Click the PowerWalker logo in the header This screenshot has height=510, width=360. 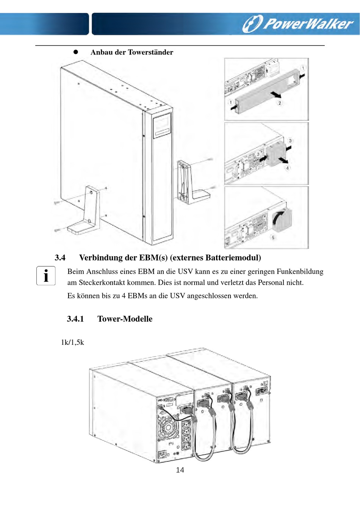click(298, 23)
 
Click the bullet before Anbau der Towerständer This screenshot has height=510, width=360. click(75, 52)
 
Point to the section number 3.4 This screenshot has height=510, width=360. click(60, 258)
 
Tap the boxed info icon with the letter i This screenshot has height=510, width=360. click(46, 275)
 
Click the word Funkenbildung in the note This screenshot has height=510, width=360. click(300, 271)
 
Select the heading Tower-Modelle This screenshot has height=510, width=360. click(125, 319)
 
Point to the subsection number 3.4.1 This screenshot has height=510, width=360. click(75, 319)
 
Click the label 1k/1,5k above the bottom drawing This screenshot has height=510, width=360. click(72, 342)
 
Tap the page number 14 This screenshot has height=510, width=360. click(180, 470)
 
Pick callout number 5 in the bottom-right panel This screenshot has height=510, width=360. click(273, 238)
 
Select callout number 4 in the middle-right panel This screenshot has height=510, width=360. click(287, 168)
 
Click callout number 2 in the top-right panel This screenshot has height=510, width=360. click(280, 103)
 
